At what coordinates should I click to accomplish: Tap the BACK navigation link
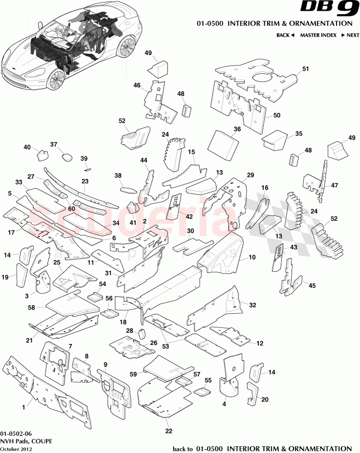click(285, 35)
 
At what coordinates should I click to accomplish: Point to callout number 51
click(306, 69)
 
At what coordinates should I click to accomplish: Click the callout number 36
click(237, 129)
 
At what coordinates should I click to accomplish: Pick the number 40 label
click(27, 147)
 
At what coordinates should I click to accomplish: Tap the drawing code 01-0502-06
click(16, 433)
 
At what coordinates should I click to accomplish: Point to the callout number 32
click(252, 304)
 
